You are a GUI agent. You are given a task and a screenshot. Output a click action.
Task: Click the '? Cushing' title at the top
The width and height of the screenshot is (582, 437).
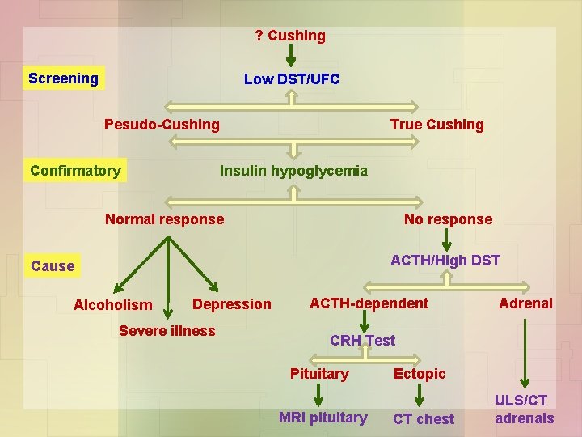(290, 36)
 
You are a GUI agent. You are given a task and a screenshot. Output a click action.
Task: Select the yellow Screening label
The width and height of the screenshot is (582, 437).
(63, 78)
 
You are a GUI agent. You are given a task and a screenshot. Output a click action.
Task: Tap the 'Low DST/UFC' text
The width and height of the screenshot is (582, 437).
(292, 78)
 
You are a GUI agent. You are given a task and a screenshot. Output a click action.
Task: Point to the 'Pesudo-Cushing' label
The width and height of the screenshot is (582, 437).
(162, 125)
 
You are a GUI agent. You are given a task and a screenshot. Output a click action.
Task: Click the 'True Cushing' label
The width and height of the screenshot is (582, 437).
(436, 125)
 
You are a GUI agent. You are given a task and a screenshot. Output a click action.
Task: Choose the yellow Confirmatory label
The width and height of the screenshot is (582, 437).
(75, 171)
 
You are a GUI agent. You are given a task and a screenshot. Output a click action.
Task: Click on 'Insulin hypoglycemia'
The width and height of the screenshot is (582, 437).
(293, 171)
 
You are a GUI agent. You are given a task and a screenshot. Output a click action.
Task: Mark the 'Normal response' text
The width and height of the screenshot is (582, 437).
(165, 218)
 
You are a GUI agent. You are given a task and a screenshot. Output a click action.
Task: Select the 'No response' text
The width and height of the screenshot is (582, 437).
(448, 219)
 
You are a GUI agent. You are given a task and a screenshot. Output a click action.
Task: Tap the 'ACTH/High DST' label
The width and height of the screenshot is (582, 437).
(445, 260)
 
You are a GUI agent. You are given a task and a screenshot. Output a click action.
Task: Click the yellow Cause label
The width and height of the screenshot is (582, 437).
(53, 266)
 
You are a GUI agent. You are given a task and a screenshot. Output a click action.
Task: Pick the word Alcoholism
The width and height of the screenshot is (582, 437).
(112, 305)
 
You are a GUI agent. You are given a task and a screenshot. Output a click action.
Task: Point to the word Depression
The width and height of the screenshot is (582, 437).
(233, 304)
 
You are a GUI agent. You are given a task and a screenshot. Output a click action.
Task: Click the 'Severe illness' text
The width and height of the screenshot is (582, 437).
(167, 330)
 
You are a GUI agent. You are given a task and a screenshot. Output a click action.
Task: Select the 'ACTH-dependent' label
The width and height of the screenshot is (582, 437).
(369, 303)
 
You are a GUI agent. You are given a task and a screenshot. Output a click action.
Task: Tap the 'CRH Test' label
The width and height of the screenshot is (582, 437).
(362, 341)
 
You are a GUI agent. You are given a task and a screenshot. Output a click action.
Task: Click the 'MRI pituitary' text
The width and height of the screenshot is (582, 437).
(323, 418)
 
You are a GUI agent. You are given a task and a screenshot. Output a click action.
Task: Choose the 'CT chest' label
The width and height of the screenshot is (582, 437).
(424, 418)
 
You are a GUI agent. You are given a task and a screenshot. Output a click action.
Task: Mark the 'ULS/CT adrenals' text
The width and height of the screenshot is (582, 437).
(525, 409)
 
